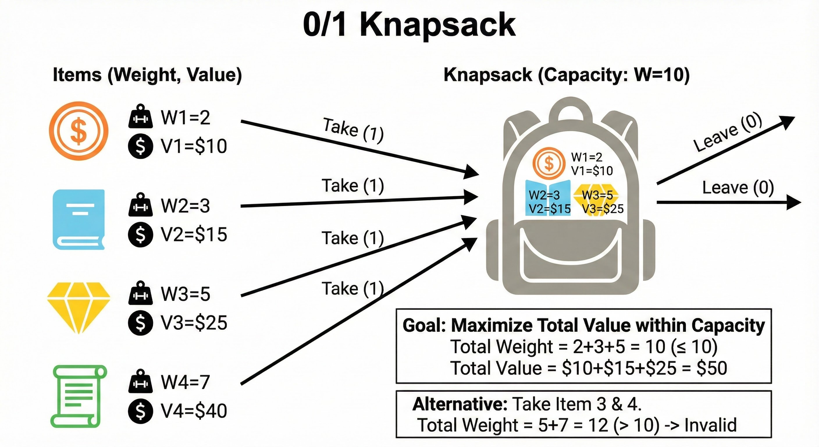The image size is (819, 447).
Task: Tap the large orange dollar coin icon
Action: [x=79, y=130]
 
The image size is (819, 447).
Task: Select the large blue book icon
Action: [x=79, y=219]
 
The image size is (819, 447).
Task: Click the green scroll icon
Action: [x=79, y=396]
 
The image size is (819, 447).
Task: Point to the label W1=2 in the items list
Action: [x=185, y=118]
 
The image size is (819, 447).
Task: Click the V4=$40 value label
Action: [x=194, y=411]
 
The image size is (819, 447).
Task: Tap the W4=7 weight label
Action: [x=185, y=382]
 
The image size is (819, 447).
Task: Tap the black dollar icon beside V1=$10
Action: [x=140, y=146]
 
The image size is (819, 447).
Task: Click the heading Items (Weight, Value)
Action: [x=147, y=75]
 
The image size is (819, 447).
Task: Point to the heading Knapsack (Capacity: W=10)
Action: [x=567, y=75]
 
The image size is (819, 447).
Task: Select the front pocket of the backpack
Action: [x=570, y=258]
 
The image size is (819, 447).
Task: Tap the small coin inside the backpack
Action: [x=549, y=164]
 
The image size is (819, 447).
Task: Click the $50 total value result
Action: [x=712, y=368]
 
